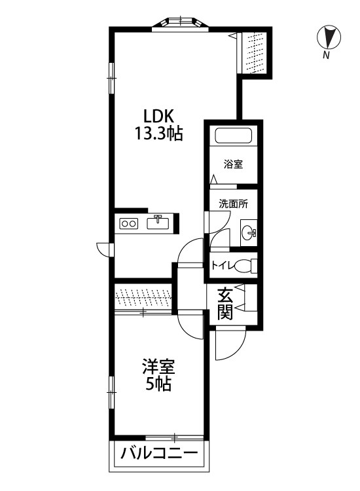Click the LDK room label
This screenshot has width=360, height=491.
tap(158, 117)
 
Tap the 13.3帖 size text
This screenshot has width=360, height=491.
tap(158, 135)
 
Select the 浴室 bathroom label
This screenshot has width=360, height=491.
tap(233, 164)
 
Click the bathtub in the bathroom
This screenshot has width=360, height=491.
tap(233, 138)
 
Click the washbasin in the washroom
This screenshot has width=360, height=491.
tap(249, 232)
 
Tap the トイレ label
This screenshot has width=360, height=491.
tap(221, 266)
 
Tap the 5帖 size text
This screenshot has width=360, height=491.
tap(158, 385)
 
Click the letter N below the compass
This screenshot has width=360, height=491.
tap(325, 57)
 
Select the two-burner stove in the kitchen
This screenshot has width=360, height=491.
tap(128, 224)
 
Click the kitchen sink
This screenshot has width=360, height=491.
tap(159, 223)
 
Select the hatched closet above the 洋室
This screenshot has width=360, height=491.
tap(143, 297)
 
